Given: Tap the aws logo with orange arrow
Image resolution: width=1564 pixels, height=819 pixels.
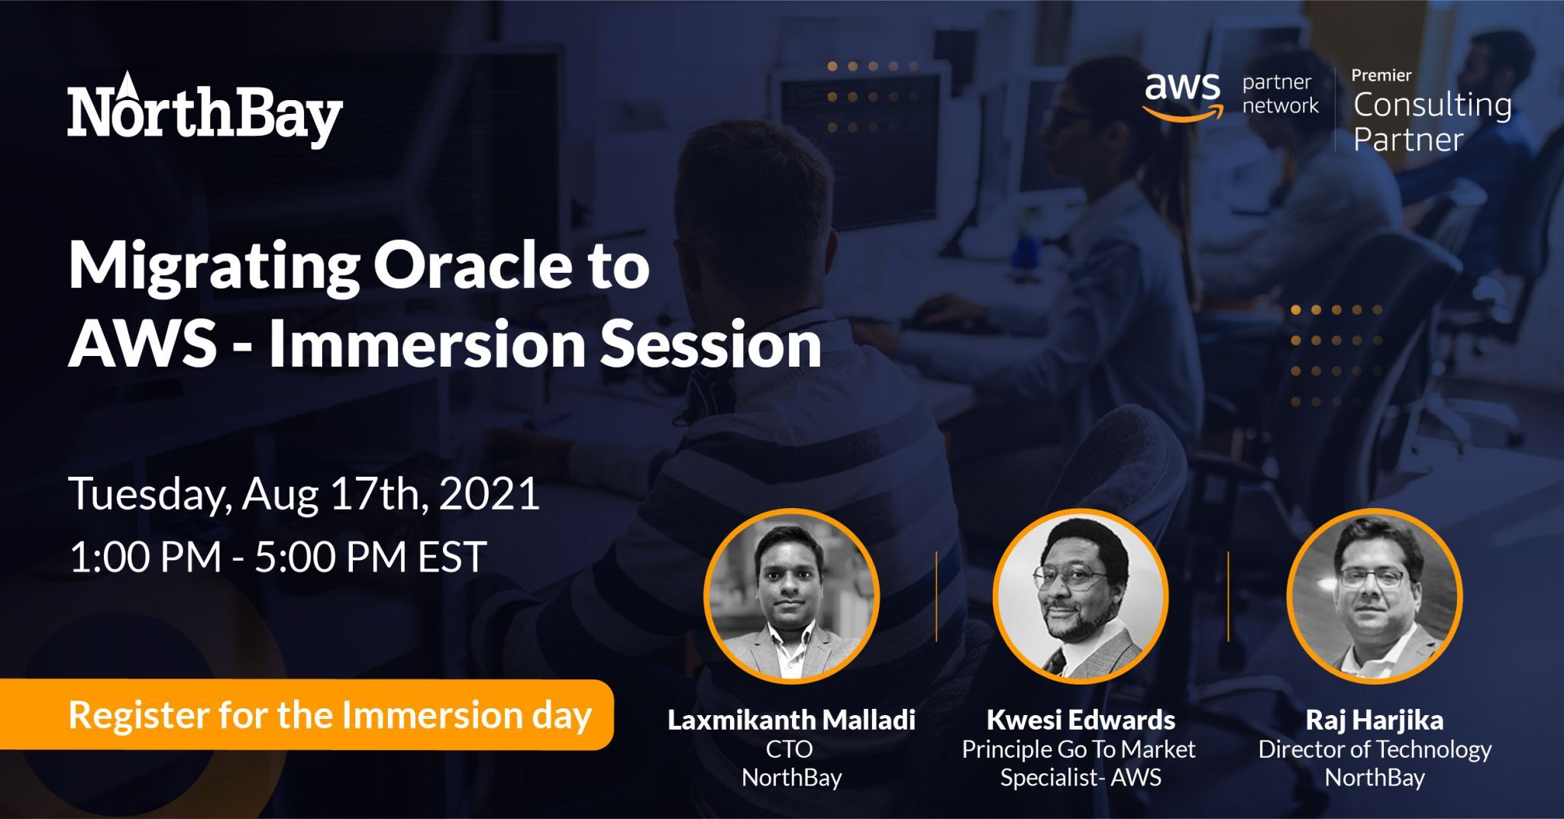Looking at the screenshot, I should click(1181, 96).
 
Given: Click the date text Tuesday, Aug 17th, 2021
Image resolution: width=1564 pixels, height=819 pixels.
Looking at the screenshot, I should click(305, 494).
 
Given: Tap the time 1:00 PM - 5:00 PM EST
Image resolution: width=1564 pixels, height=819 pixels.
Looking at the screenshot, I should click(278, 556).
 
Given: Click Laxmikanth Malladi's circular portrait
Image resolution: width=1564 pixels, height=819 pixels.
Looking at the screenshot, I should click(791, 596).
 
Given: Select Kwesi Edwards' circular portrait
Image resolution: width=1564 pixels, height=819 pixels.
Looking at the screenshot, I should click(1080, 596).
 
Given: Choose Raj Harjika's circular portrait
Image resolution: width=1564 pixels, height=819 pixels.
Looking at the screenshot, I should click(1374, 596).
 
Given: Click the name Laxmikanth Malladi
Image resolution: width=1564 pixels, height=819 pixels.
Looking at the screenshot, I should click(791, 720).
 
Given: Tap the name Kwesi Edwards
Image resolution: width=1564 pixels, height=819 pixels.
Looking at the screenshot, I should click(1080, 720).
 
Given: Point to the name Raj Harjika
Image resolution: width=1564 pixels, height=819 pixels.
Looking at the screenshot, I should click(1374, 720).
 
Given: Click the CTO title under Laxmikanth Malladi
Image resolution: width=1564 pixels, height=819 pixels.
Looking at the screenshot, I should click(790, 749).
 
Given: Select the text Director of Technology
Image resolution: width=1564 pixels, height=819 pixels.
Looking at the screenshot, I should click(1374, 749).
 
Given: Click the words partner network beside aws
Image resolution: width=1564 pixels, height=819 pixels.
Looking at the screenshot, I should click(1280, 94).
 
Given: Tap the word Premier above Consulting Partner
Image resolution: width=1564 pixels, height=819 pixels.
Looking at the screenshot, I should click(1381, 75).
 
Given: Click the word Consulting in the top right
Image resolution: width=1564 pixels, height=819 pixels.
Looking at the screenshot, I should click(1432, 105).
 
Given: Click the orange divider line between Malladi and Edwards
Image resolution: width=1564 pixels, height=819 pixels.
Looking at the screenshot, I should click(936, 596).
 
